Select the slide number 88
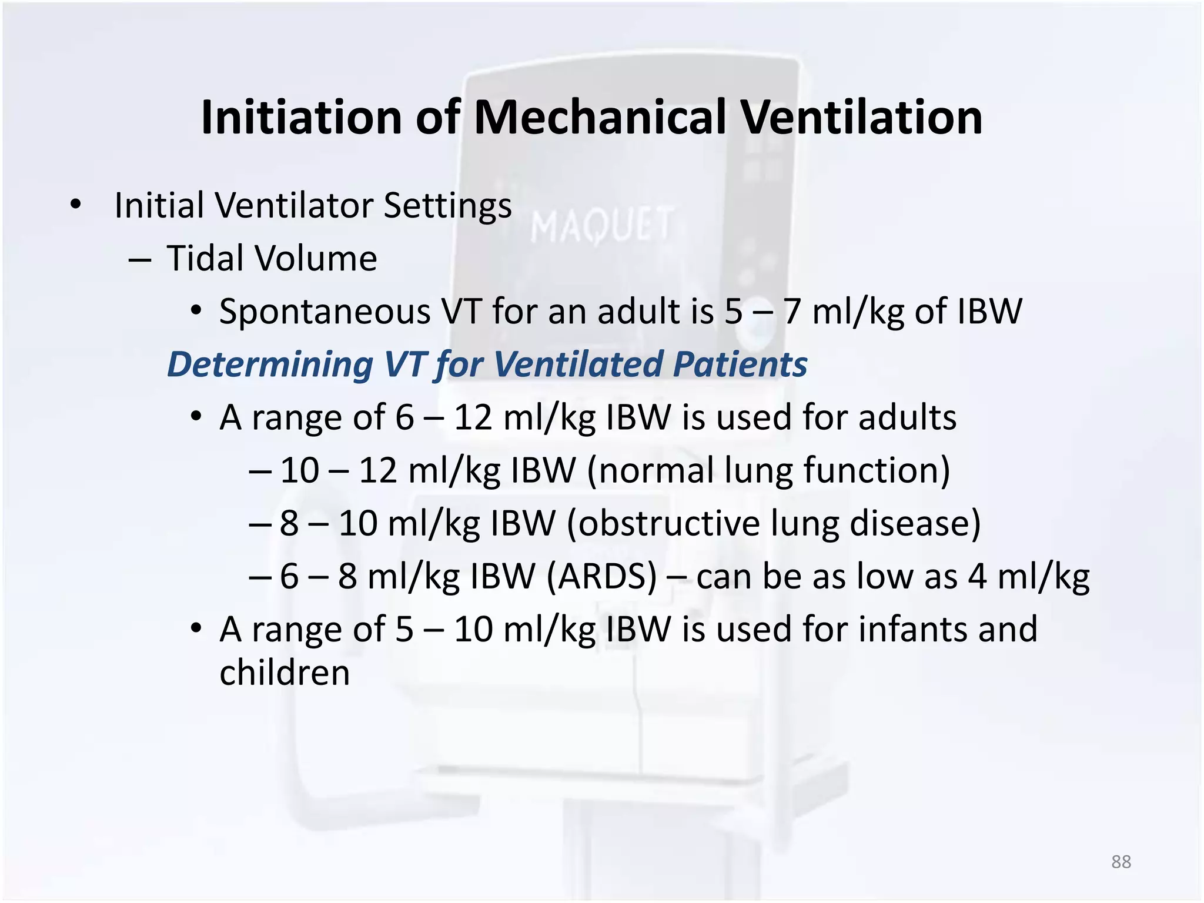tap(1121, 862)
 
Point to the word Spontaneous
tap(325, 312)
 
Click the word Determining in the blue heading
tap(270, 364)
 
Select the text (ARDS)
tap(601, 576)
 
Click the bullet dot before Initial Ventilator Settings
tap(75, 205)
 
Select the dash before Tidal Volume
tap(140, 259)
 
